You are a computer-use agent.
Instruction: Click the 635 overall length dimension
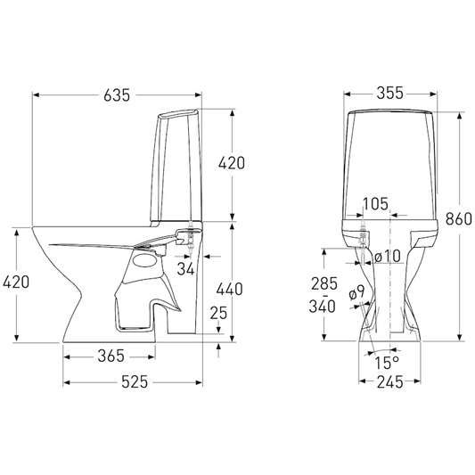point(117,95)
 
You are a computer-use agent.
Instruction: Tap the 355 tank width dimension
point(389,93)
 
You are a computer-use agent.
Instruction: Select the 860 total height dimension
point(459,218)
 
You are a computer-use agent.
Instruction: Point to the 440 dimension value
point(229,289)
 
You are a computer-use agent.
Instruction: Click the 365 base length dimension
point(111,356)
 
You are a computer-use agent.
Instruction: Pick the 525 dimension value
point(135,381)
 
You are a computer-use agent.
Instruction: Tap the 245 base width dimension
point(389,382)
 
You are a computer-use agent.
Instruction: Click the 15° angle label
point(387,363)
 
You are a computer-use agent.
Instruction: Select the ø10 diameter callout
point(388,257)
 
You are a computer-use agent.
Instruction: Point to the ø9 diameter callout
point(356,292)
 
